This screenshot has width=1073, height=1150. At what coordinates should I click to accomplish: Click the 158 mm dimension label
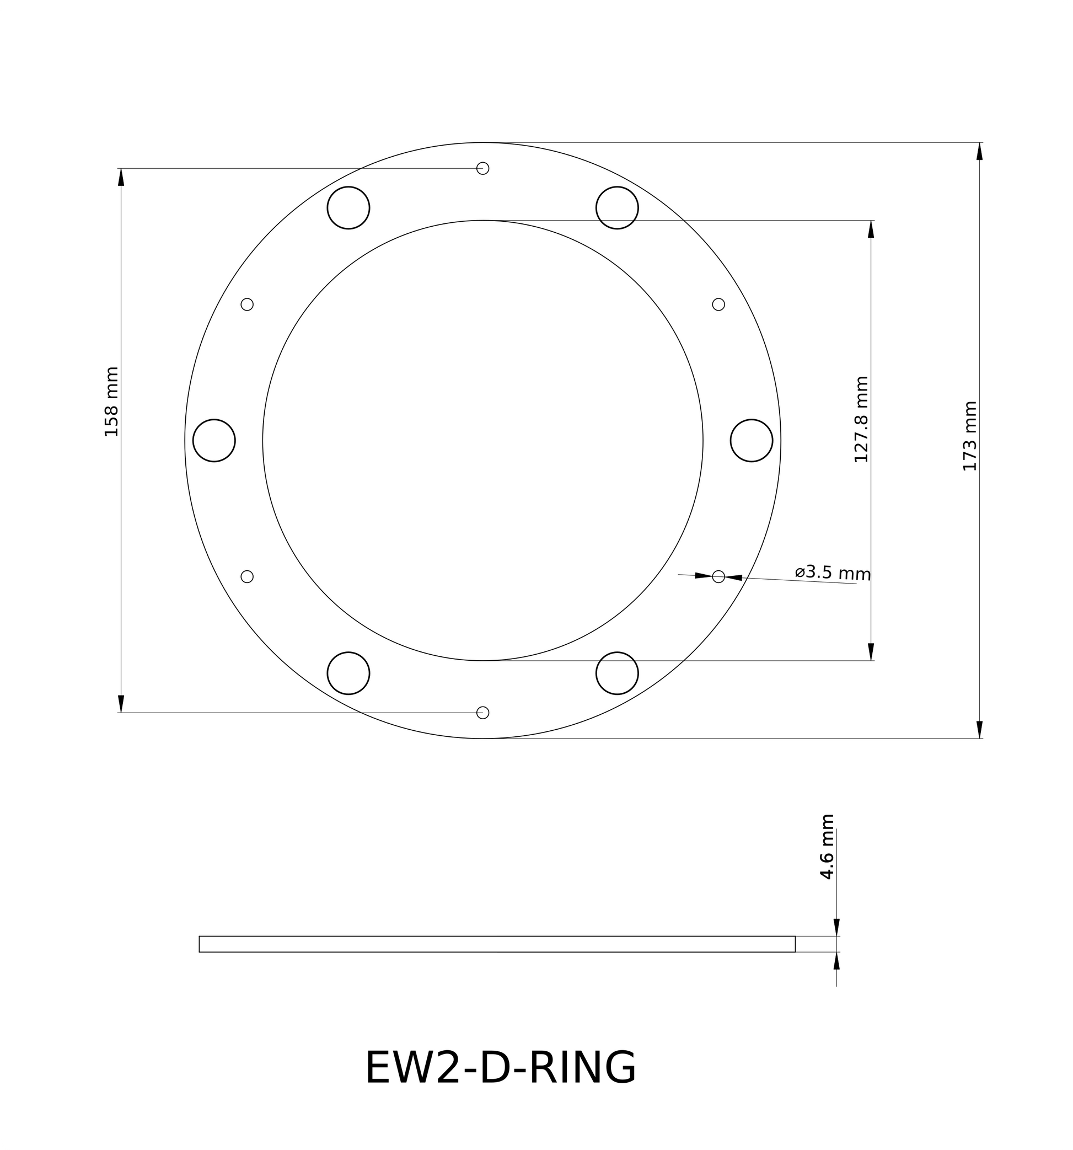tap(111, 402)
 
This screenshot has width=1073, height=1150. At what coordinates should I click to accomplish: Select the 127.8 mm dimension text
tap(861, 419)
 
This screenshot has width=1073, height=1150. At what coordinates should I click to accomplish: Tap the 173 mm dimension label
tap(970, 436)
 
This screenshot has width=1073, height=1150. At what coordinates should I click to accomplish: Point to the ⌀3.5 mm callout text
tap(833, 573)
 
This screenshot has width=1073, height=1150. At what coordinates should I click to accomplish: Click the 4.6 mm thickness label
tap(827, 847)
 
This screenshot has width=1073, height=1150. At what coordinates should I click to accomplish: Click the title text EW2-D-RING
tap(500, 1068)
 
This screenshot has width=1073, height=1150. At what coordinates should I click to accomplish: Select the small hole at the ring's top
tap(483, 168)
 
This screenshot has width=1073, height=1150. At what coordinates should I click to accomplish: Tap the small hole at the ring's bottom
tap(483, 713)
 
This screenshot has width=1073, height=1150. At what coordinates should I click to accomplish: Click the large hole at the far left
tap(214, 440)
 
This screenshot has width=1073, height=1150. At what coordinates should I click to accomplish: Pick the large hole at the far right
tap(752, 440)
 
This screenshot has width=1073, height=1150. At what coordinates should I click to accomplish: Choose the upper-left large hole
tap(348, 208)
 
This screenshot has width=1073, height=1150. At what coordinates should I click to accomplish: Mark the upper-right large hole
tap(617, 208)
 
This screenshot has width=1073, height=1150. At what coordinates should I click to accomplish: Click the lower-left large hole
tap(348, 673)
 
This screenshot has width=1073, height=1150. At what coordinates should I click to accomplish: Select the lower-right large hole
tap(617, 673)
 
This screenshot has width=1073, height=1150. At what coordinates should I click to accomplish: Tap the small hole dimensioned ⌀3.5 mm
tap(718, 577)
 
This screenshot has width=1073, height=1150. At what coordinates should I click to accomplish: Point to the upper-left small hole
tap(247, 304)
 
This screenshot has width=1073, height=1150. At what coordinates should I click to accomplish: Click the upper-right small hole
tap(718, 304)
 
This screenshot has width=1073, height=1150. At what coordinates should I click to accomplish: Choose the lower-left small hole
tap(247, 577)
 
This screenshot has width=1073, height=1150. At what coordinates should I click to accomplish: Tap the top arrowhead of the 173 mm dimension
tap(979, 151)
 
